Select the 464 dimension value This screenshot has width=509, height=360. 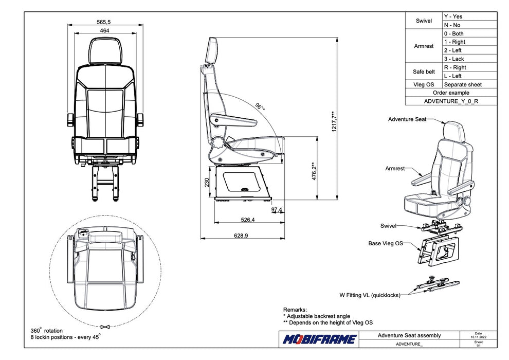[x=104, y=31]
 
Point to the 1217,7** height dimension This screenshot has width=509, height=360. [x=334, y=121]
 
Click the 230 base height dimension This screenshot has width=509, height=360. [x=207, y=183]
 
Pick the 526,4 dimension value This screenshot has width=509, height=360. [x=248, y=220]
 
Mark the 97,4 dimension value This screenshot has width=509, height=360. [x=277, y=210]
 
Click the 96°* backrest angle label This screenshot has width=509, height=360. [x=260, y=107]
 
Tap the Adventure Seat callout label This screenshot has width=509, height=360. [x=407, y=119]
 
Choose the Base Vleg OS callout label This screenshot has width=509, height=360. [x=385, y=243]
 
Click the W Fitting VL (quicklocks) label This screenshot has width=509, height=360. [x=370, y=295]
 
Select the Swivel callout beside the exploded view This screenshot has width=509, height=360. [x=388, y=226]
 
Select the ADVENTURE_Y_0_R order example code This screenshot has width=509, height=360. [x=451, y=101]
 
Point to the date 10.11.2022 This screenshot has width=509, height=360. [x=479, y=337]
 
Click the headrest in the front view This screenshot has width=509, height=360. [x=105, y=51]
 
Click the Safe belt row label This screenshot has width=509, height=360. [x=424, y=71]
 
